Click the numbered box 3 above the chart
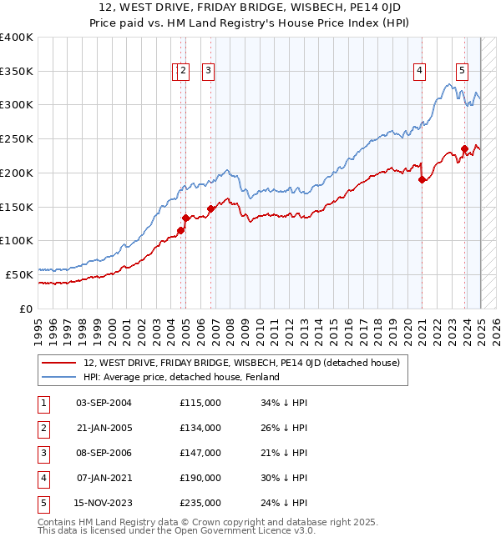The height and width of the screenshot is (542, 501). [x=208, y=72]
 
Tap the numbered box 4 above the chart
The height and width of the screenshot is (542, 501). [x=418, y=72]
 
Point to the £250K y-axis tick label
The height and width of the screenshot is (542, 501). [x=17, y=139]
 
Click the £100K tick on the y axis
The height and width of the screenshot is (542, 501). [x=17, y=241]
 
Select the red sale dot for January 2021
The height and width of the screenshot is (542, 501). [x=423, y=180]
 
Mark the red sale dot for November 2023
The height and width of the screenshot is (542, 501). [x=464, y=150]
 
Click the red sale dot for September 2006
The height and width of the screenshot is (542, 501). [x=210, y=208]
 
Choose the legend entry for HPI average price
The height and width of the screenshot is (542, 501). [x=180, y=377]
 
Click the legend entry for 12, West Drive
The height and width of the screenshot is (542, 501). [x=241, y=363]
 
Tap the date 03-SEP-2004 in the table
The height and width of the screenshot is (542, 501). [x=104, y=403]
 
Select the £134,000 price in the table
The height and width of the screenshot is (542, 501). [x=200, y=428]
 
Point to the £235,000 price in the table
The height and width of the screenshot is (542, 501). [x=200, y=503]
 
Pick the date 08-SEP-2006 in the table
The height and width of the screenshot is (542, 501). [x=104, y=453]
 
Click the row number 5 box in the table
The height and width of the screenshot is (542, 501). [x=41, y=503]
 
